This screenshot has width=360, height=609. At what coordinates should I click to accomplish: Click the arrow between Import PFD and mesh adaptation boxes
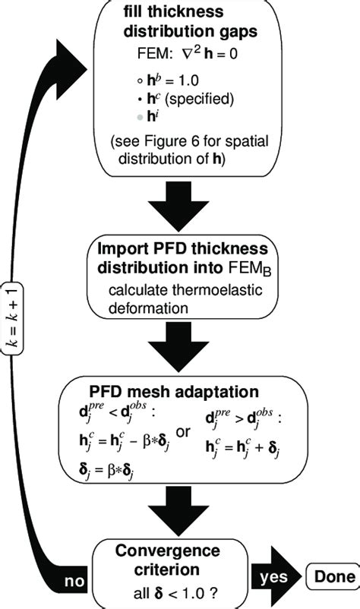click(180, 347)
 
